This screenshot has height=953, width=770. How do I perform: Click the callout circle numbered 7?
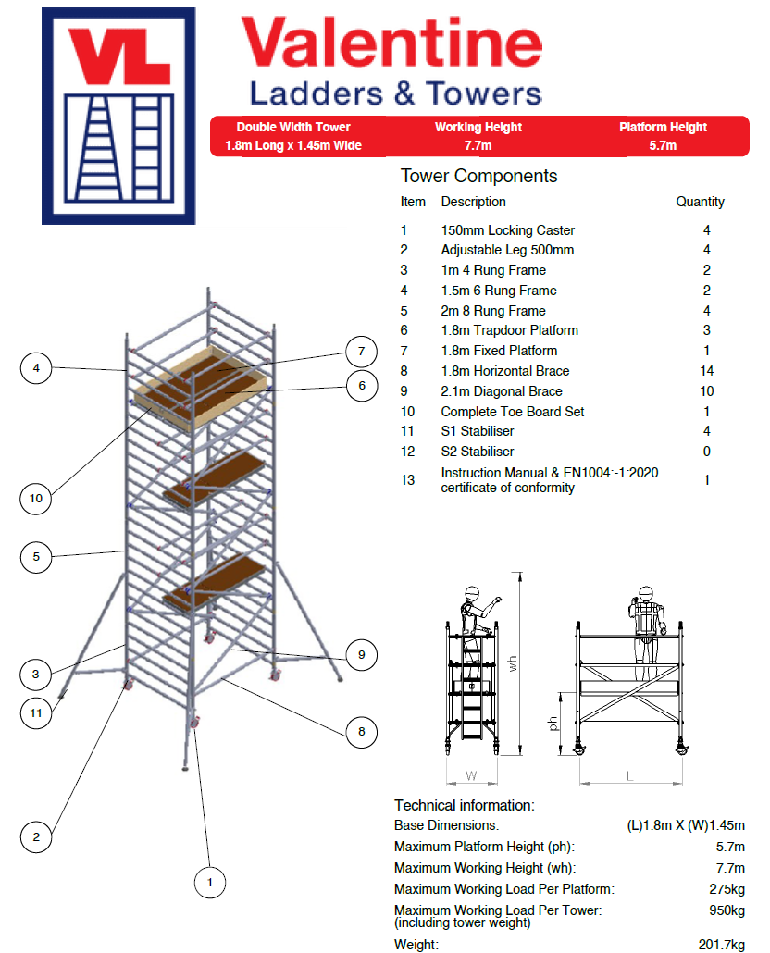[362, 352]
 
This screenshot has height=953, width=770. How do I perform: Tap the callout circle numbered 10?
[36, 499]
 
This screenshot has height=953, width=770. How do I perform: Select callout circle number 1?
[210, 883]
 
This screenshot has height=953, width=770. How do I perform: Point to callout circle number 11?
[36, 713]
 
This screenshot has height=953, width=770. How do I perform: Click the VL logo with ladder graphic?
[118, 116]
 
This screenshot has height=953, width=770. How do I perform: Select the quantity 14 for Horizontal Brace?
[707, 371]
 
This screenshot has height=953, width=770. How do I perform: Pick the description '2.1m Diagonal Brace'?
[502, 391]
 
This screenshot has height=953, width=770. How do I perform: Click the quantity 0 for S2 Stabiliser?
[707, 452]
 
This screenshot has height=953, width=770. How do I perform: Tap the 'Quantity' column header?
[700, 202]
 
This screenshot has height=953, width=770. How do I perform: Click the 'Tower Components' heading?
[478, 176]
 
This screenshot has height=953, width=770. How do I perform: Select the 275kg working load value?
[727, 889]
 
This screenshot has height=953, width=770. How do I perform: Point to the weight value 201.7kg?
[721, 945]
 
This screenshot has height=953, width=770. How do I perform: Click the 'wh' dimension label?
[513, 663]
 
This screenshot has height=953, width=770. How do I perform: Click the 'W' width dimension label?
[471, 776]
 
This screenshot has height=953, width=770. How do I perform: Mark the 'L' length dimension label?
[629, 776]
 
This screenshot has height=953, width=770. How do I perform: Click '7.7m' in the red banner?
[478, 146]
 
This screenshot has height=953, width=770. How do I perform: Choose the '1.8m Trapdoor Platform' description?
[509, 330]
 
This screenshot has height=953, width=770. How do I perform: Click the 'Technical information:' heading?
[465, 805]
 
